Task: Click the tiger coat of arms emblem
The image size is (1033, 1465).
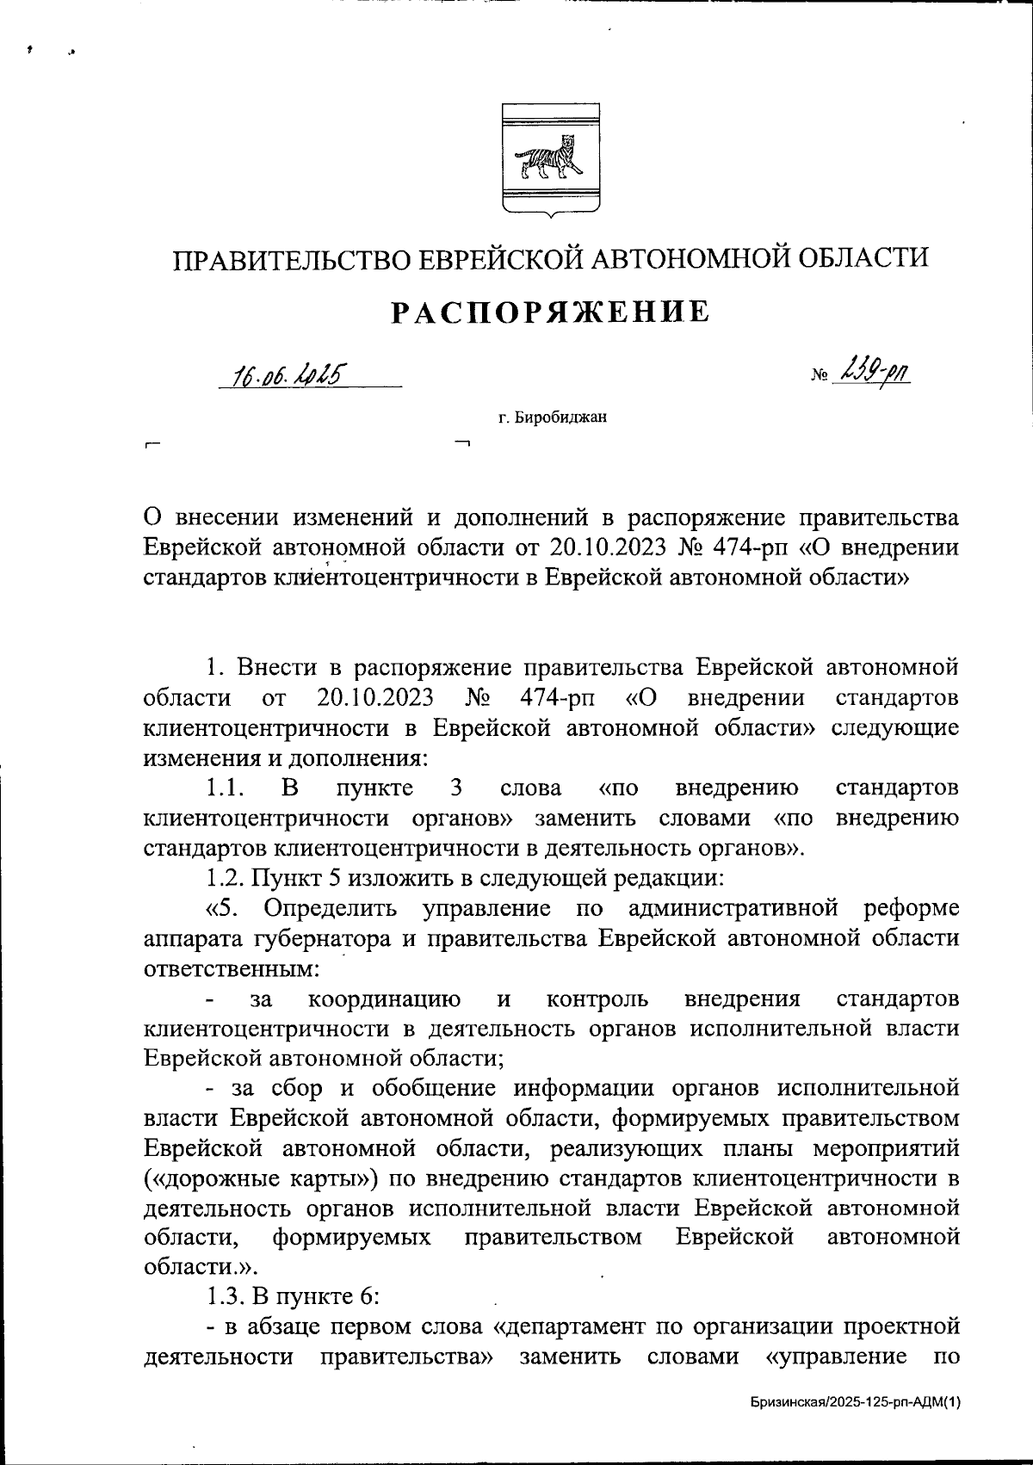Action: pyautogui.click(x=551, y=158)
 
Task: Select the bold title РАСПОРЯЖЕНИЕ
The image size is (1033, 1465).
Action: pyautogui.click(x=551, y=312)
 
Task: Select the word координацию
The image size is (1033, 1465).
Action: pyautogui.click(x=384, y=999)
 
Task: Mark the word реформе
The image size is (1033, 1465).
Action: pyautogui.click(x=912, y=908)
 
